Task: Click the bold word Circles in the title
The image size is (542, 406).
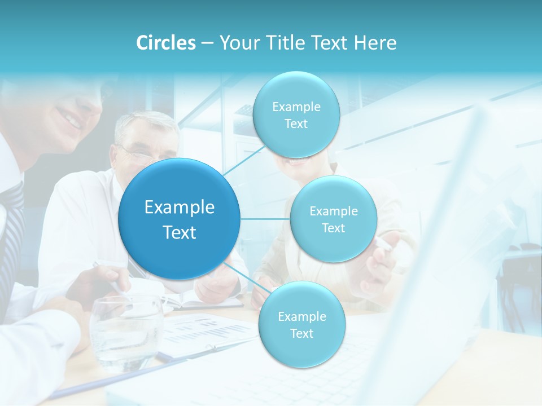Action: tap(165, 43)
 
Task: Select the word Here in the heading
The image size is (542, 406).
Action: tap(375, 43)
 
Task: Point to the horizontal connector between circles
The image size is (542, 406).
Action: tap(265, 219)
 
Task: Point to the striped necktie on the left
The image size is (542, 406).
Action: tap(12, 226)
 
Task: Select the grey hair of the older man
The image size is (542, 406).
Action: tap(144, 123)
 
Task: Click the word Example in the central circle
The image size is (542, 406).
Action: tap(180, 208)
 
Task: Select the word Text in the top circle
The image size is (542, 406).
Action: tap(296, 124)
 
